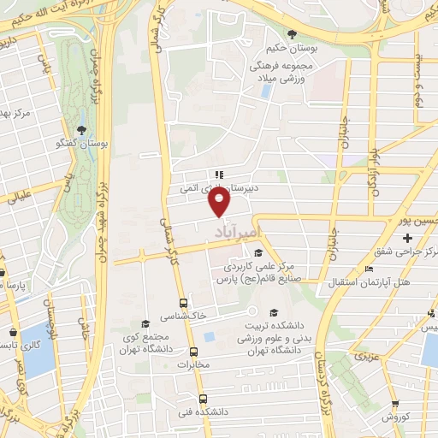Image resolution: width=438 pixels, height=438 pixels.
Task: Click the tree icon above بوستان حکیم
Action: pos(293,34)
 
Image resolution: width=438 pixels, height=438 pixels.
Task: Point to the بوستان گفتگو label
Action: pos(81,144)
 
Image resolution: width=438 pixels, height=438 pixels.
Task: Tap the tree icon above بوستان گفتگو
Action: pos(81,129)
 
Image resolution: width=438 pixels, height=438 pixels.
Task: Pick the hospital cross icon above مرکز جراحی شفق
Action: pos(407,237)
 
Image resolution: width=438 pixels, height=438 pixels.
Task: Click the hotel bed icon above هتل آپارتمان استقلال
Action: pos(370,269)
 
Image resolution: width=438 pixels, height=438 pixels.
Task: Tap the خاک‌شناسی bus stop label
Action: pos(184,317)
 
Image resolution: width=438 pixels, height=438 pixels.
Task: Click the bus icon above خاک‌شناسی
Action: pos(183,303)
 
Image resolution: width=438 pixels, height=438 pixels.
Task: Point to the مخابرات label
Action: pos(192,364)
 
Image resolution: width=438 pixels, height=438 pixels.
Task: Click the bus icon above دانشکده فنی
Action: pos(203,398)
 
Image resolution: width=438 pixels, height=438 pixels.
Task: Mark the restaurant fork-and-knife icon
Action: pos(218,174)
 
